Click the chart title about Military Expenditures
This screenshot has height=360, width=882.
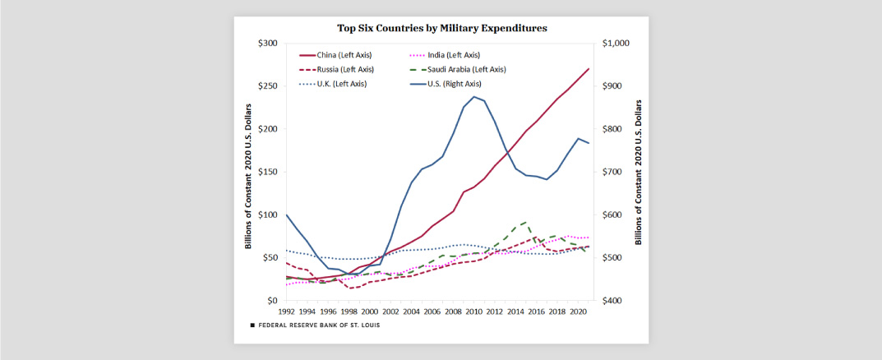tap(441, 28)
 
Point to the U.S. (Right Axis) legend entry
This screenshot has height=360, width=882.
tap(451, 84)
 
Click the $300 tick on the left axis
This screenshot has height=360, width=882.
tap(267, 44)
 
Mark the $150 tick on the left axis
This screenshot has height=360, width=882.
tap(267, 172)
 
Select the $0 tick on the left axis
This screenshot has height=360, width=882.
tap(272, 301)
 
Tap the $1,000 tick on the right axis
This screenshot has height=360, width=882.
tap(615, 44)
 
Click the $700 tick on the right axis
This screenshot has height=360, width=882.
tap(612, 172)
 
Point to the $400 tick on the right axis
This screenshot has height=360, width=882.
tap(612, 301)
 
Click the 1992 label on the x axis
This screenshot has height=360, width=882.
tap(286, 312)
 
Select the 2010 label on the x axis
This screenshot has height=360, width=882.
tap(474, 312)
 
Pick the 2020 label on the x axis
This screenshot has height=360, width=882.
tap(579, 312)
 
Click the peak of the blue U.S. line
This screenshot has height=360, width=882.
tap(474, 96)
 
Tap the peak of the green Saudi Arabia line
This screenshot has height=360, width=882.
tap(526, 222)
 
